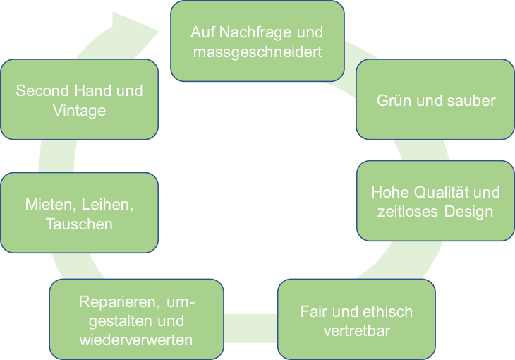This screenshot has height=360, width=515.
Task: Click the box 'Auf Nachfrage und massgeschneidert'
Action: [257, 40]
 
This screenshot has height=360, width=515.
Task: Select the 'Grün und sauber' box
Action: [435, 100]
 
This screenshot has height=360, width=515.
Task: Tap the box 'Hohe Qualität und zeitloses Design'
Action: [435, 201]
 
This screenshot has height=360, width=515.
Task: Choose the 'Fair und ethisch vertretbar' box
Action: [356, 320]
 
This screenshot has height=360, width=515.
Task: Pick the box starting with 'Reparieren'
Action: [136, 320]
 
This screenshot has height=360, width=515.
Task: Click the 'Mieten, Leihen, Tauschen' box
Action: [79, 213]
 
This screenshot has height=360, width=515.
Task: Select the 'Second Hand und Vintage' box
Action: [79, 100]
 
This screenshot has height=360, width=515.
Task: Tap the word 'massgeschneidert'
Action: [257, 52]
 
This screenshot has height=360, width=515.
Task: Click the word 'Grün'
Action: [390, 100]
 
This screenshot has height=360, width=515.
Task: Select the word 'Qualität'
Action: [444, 192]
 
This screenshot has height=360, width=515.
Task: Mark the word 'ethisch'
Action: [388, 311]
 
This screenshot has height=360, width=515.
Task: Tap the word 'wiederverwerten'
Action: [137, 340]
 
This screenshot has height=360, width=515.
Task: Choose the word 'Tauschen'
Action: [79, 224]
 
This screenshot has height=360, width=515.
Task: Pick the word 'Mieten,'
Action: [51, 205]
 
